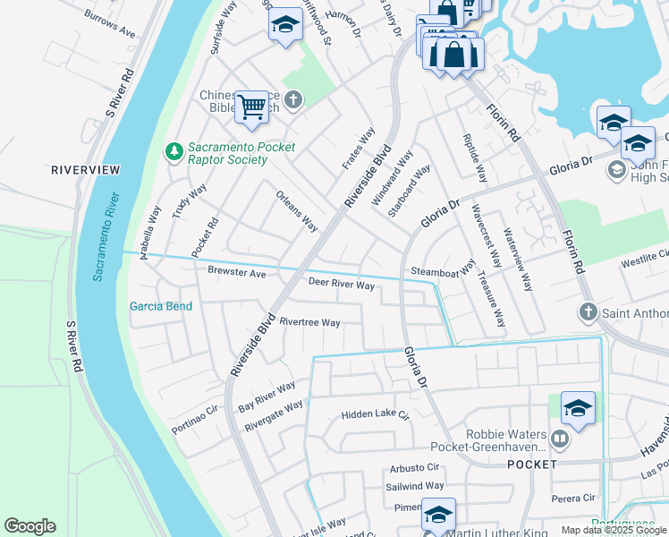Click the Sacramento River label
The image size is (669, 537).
[105, 238]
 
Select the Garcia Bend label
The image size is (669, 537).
[161, 306]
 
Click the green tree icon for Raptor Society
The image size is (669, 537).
[173, 153]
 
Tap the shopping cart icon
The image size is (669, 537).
[252, 107]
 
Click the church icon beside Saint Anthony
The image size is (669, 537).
[588, 312]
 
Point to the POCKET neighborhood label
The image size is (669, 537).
[532, 465]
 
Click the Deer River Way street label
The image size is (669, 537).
[342, 285]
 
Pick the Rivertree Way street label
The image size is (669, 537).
[309, 322]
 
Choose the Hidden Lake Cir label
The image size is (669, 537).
[375, 416]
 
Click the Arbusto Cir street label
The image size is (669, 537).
[414, 467]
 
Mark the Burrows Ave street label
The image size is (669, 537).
[110, 24]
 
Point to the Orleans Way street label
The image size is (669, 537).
[297, 211]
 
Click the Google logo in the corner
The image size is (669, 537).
[30, 526]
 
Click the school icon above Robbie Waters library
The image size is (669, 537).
[578, 409]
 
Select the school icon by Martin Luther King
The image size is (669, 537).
[438, 515]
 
